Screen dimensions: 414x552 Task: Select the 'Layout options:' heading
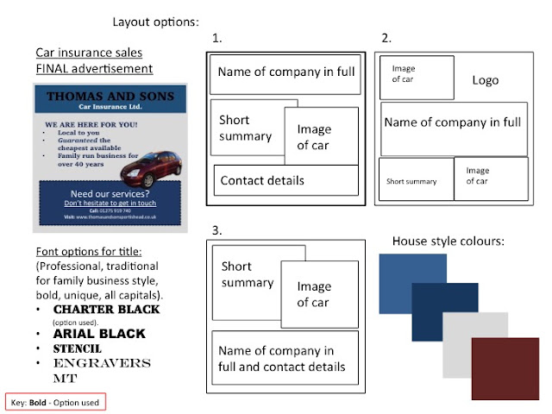click(155, 20)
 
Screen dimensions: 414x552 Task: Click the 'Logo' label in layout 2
click(486, 80)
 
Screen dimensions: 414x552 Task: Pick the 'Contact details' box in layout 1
click(285, 180)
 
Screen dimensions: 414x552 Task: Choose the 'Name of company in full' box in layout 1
click(285, 72)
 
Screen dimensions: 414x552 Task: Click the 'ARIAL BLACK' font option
click(99, 333)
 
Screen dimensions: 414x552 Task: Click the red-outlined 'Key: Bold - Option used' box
click(55, 402)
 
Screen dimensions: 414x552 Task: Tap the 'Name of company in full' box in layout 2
click(453, 122)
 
